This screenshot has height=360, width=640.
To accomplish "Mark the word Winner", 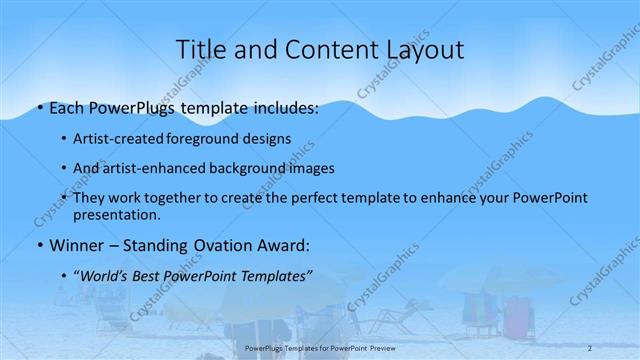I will coord(73,244).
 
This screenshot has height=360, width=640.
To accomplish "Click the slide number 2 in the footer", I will coord(590,348).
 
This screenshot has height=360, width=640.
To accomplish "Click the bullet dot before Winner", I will coord(39,245).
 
